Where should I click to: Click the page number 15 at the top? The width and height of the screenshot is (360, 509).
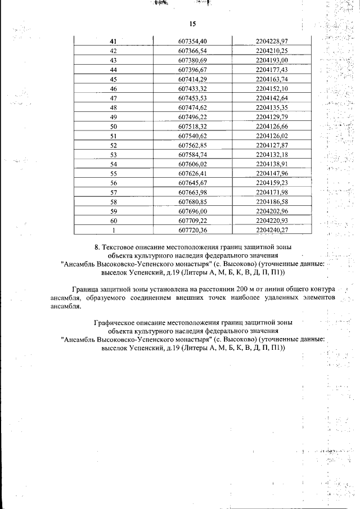click(x=192, y=24)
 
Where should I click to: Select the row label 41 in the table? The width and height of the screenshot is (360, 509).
click(x=113, y=41)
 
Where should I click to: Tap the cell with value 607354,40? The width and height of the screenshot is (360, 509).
click(x=192, y=41)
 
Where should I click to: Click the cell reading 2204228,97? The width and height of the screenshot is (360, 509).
click(x=271, y=41)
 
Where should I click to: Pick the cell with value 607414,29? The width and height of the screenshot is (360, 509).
click(x=192, y=79)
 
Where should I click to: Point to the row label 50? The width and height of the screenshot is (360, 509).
click(x=113, y=127)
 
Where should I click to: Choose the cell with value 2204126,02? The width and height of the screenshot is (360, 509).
click(x=271, y=137)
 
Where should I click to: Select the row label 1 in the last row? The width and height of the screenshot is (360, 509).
click(x=113, y=229)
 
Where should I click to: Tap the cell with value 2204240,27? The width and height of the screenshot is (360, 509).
click(x=271, y=229)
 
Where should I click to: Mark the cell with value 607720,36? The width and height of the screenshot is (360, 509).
click(x=192, y=229)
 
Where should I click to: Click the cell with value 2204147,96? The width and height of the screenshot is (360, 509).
click(x=271, y=173)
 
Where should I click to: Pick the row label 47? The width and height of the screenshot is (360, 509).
click(x=113, y=98)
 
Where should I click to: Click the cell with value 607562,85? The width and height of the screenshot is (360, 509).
click(x=192, y=146)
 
